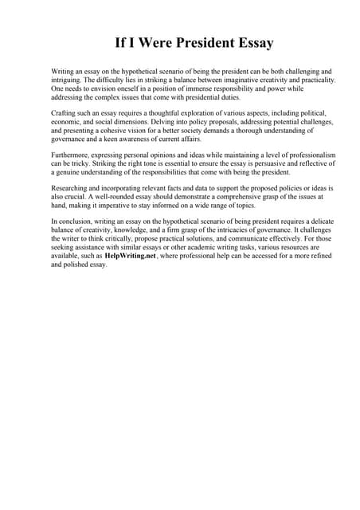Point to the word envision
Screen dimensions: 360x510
tap(105, 90)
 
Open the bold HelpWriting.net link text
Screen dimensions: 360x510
tap(130, 256)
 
